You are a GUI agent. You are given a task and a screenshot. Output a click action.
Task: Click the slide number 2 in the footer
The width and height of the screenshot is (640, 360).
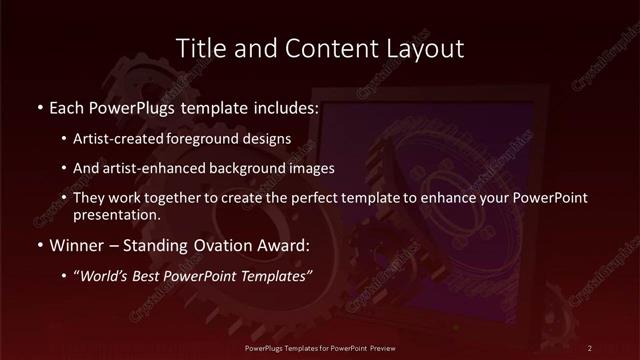pos(590,347)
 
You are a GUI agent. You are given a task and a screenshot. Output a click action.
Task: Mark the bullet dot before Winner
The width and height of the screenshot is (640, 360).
pos(39,245)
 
